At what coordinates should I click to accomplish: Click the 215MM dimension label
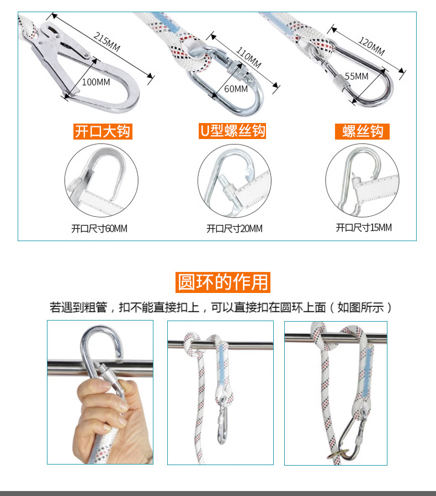point(107,43)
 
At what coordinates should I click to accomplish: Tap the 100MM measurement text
point(96,82)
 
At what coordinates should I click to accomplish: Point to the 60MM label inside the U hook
point(236,89)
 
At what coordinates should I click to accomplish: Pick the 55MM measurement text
point(357,76)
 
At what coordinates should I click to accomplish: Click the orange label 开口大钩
point(103,131)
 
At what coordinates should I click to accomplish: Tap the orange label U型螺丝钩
point(232,131)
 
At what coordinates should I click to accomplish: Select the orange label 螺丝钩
point(363,131)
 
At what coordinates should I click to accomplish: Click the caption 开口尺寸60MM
point(99,228)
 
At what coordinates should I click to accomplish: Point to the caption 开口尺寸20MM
point(235,228)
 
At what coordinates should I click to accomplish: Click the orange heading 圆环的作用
point(224,282)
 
